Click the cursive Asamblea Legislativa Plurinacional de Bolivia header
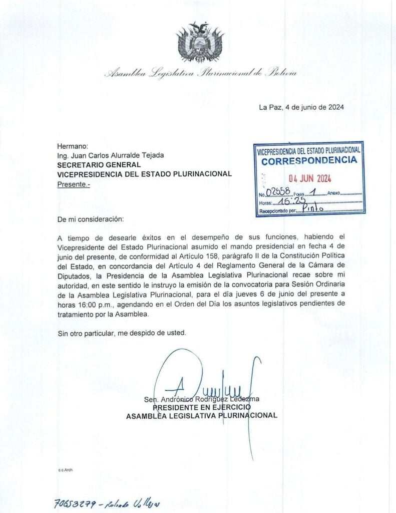pos(201,73)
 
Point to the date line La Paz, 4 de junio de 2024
pos(301,107)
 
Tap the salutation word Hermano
pos(73,146)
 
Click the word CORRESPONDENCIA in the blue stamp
pos(309,161)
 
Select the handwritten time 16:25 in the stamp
pos(293,201)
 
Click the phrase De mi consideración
pos(89,219)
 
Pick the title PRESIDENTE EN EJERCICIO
pos(201,407)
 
